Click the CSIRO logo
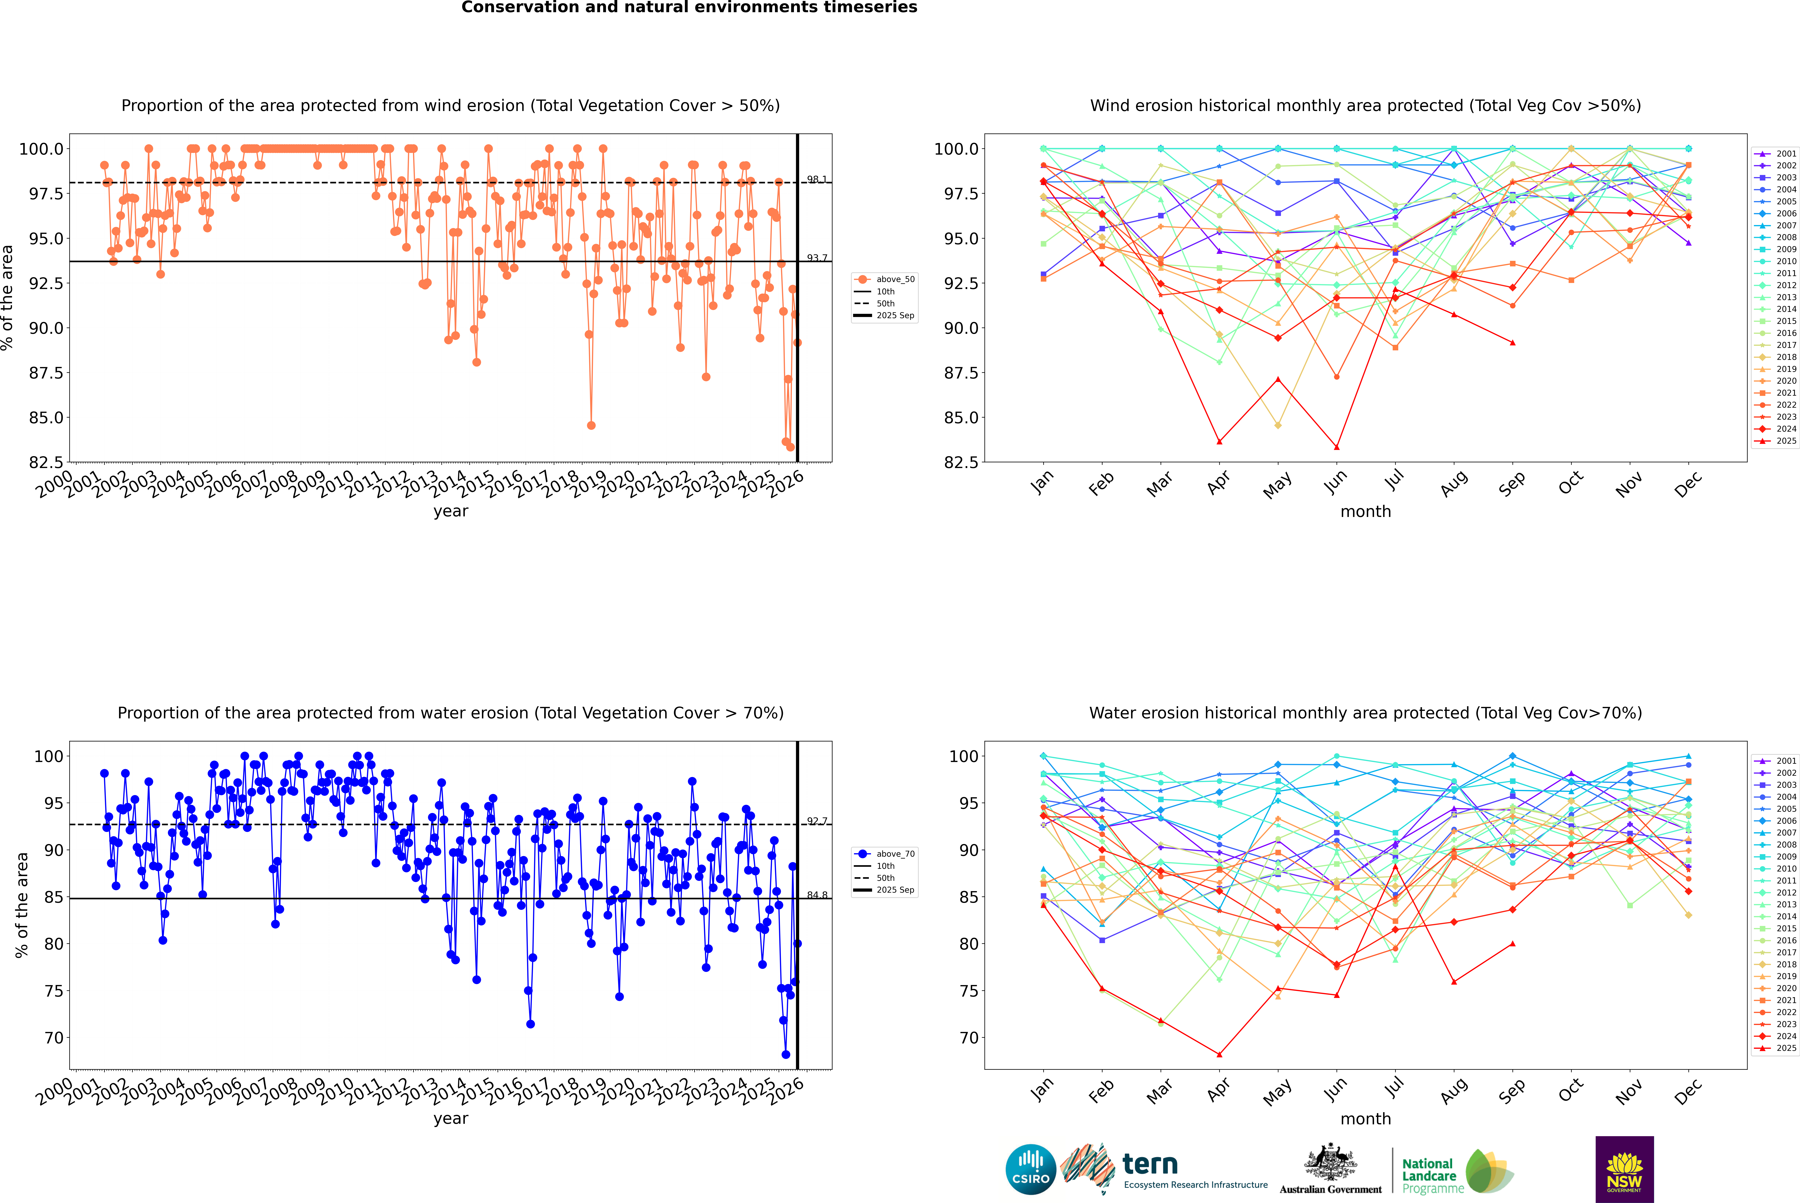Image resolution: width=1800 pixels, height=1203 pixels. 1031,1169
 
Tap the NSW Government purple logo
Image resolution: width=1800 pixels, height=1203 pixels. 1624,1169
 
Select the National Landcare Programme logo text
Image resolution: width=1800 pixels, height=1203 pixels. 1429,1175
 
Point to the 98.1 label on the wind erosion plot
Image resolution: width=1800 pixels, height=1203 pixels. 816,180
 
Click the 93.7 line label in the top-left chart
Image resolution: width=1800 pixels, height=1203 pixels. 816,259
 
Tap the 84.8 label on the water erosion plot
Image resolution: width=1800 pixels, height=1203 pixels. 816,895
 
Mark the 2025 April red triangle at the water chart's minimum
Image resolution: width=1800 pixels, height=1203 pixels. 1219,1054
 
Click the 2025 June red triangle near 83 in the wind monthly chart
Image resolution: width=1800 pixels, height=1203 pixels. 1337,447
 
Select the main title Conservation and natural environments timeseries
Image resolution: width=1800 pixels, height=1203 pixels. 689,8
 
